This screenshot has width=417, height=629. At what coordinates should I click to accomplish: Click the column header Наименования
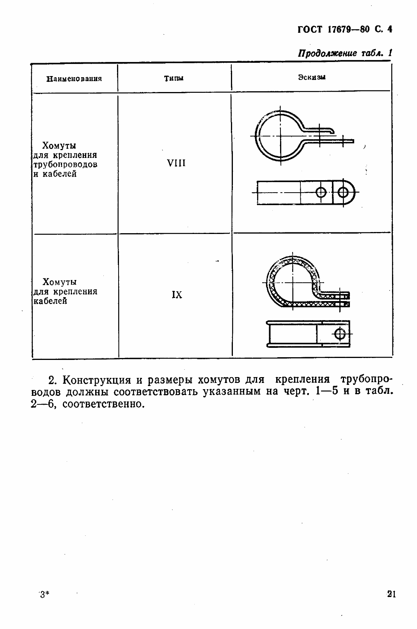[x=74, y=79]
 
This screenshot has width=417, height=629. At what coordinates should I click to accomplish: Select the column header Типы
[x=174, y=78]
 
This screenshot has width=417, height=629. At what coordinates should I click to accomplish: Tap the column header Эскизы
[x=312, y=77]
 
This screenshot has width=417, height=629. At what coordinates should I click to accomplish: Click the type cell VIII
[x=176, y=163]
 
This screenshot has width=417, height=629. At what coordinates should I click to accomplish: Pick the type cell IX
[x=177, y=295]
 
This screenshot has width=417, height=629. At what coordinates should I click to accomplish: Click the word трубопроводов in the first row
[x=64, y=165]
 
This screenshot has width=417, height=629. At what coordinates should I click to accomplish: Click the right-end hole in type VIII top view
[x=343, y=192]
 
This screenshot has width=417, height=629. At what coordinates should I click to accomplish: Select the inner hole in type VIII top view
[x=321, y=192]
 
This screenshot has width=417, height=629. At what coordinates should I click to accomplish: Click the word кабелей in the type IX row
[x=50, y=301]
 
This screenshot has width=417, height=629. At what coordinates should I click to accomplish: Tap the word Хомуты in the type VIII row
[x=59, y=146]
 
